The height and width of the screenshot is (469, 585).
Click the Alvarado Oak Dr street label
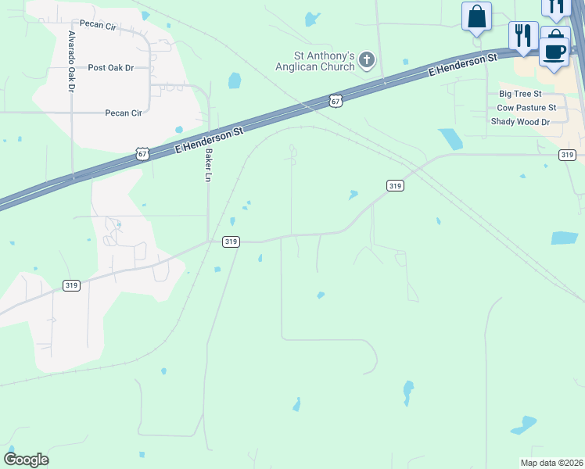pyautogui.click(x=71, y=62)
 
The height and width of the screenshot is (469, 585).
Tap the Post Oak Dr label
pyautogui.click(x=111, y=68)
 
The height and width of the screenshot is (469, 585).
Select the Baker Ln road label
pyautogui.click(x=209, y=166)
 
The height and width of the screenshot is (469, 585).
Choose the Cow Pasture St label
pyautogui.click(x=526, y=107)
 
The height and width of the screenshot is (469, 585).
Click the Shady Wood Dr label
pyautogui.click(x=520, y=122)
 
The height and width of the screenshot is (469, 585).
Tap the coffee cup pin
pyautogui.click(x=554, y=52)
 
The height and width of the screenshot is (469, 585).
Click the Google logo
pyautogui.click(x=26, y=460)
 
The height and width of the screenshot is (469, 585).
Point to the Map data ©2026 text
pyautogui.click(x=551, y=463)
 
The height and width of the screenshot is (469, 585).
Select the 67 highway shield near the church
pyautogui.click(x=336, y=101)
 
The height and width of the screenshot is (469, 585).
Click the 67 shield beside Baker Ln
pyautogui.click(x=141, y=153)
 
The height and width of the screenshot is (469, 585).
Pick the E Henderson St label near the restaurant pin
pyautogui.click(x=464, y=65)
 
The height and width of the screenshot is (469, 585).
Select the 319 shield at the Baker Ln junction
pyautogui.click(x=230, y=242)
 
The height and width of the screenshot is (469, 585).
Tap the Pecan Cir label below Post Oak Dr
pyautogui.click(x=124, y=113)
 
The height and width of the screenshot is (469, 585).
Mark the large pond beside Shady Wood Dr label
pyautogui.click(x=450, y=138)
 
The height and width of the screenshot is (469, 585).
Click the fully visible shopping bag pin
pyautogui.click(x=476, y=17)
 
